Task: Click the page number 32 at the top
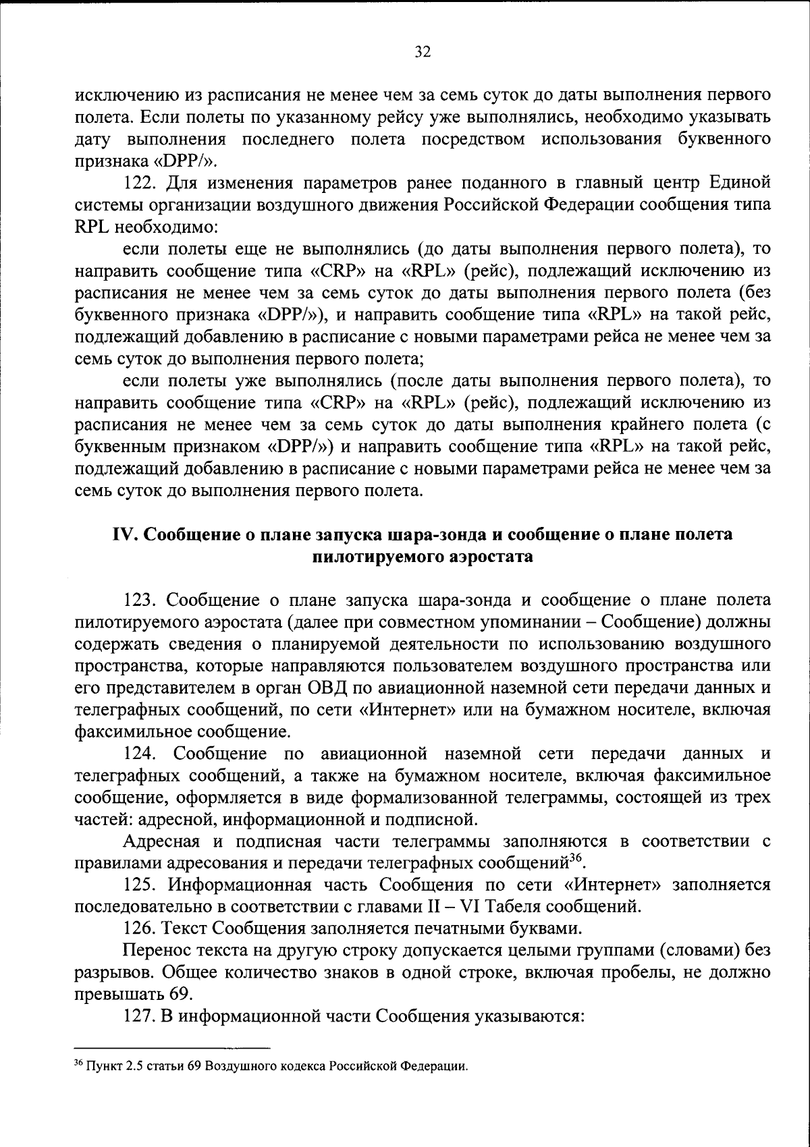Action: click(423, 53)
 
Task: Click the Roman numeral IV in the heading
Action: click(126, 535)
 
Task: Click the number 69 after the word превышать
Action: click(180, 994)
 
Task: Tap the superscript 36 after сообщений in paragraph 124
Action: click(575, 858)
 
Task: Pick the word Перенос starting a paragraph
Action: click(154, 951)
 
